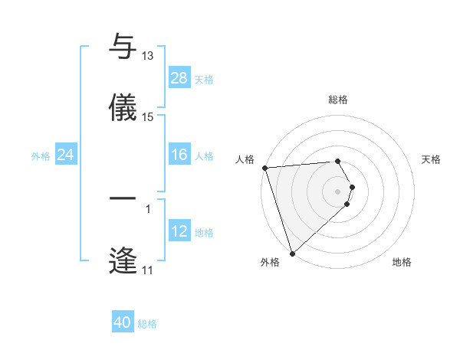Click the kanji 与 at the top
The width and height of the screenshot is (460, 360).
point(123,47)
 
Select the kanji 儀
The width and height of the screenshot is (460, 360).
point(123,107)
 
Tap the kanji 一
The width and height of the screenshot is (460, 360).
point(123,198)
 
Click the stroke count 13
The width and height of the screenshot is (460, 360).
point(148,56)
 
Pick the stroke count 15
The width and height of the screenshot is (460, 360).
point(148,116)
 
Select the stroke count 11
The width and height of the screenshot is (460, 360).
point(148,270)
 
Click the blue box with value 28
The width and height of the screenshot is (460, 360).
point(179,77)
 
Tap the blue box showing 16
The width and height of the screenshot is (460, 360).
point(179,155)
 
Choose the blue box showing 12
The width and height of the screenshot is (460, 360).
point(179,231)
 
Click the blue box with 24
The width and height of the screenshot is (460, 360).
point(65,155)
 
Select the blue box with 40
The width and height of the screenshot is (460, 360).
point(123,322)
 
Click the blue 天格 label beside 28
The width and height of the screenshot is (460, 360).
point(204,79)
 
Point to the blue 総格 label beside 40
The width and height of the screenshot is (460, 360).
point(147,324)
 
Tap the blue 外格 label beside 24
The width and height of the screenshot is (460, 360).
point(41,156)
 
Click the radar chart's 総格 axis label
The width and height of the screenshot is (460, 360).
point(338,100)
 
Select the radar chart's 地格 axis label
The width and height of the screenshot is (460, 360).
point(402,263)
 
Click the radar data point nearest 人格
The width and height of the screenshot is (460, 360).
point(264,168)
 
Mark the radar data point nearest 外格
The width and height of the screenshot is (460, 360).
point(291,253)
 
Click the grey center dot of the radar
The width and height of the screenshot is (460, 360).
point(338,191)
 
